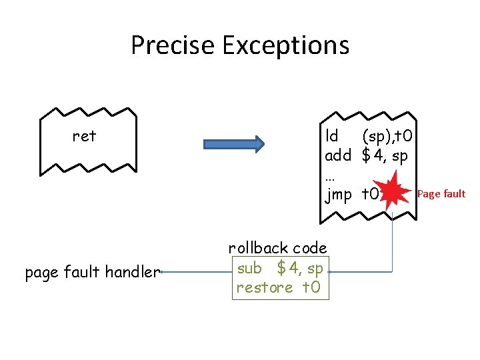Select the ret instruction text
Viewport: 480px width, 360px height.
(84, 137)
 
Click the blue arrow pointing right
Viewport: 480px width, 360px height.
(234, 144)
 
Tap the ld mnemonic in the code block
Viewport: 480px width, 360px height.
(331, 137)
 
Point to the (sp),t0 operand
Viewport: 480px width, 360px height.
(387, 137)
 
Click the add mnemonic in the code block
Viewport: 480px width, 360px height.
(337, 156)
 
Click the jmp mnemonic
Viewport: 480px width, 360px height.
(338, 195)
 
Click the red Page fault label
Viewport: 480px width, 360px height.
(441, 194)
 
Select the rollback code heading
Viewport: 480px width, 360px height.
(277, 248)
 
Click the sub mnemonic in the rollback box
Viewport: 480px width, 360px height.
(249, 269)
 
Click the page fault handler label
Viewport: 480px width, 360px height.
(92, 272)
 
